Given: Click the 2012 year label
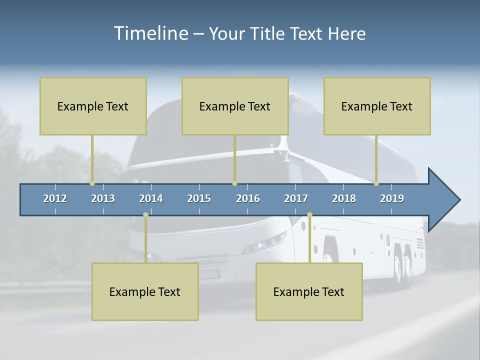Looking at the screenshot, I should (x=55, y=198).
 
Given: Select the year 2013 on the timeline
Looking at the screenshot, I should (x=103, y=198).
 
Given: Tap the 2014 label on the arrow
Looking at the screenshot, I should (x=151, y=198).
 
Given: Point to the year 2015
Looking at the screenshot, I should (x=199, y=198).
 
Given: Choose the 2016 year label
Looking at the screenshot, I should (x=248, y=198).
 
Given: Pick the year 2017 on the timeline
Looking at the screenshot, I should (x=296, y=198).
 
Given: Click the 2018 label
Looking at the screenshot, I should (x=344, y=198).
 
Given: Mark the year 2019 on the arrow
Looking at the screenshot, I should (x=392, y=198).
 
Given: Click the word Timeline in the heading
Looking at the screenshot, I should (x=149, y=33).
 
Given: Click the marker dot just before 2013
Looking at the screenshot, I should (x=92, y=183).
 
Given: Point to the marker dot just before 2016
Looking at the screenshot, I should (x=234, y=183).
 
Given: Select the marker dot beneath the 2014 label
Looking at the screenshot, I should (x=145, y=215).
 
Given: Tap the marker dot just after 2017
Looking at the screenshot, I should (x=309, y=215).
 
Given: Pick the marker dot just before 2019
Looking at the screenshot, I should (x=376, y=183).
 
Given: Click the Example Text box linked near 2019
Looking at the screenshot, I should (x=377, y=106).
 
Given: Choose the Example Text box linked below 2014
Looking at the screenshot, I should (x=145, y=291).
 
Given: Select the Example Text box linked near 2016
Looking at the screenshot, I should (x=235, y=106).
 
